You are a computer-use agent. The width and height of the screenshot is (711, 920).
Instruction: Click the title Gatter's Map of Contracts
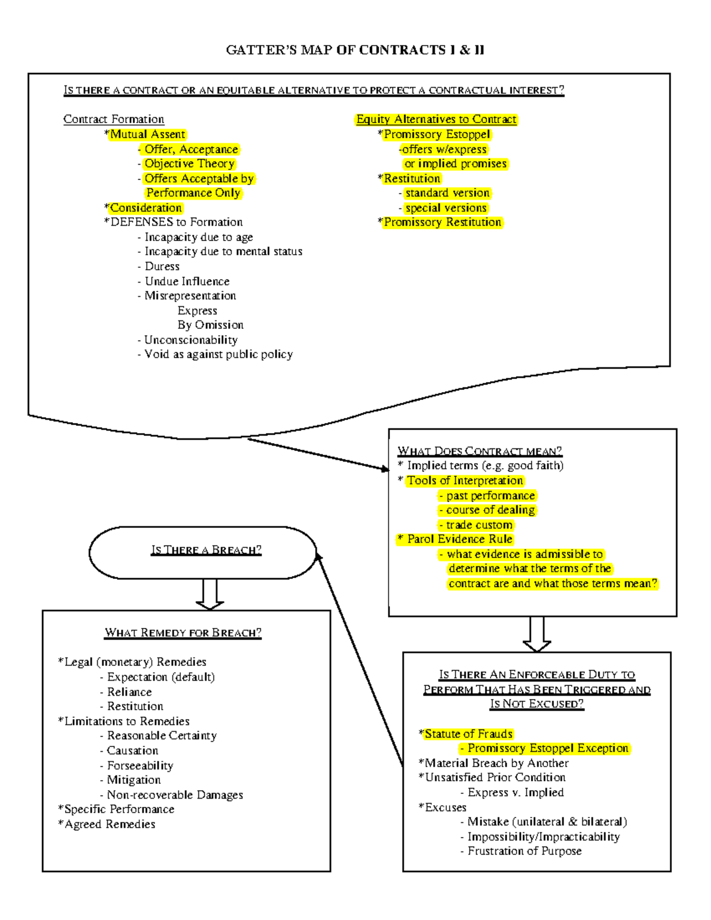tap(355, 50)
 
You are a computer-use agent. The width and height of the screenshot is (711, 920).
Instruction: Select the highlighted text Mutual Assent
tap(148, 134)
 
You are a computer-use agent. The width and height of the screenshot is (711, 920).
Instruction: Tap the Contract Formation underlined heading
tap(114, 119)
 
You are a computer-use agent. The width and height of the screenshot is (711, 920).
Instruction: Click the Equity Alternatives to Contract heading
tap(436, 119)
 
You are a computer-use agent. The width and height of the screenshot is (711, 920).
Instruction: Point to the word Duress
tap(162, 267)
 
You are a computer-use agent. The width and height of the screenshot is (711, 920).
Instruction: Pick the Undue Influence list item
tap(187, 281)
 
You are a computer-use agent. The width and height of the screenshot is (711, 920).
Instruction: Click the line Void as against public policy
tap(218, 354)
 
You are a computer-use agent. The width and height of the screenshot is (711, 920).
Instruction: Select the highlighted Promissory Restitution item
tap(442, 222)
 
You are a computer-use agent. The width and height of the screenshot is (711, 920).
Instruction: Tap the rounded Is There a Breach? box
tap(203, 552)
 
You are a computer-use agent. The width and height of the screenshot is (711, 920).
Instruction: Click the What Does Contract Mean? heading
tap(479, 451)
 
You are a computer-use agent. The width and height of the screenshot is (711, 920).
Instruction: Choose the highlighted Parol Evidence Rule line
tap(459, 539)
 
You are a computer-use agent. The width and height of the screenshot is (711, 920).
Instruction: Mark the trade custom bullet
tap(479, 525)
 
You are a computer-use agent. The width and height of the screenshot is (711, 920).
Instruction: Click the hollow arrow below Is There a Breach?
tap(210, 594)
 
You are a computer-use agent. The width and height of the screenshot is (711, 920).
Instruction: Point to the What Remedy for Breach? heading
tap(183, 633)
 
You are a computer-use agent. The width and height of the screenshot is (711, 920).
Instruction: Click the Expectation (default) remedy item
tap(161, 677)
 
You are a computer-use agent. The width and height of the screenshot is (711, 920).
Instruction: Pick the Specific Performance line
tap(119, 809)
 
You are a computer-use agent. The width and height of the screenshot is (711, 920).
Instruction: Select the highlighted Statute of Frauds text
tap(468, 734)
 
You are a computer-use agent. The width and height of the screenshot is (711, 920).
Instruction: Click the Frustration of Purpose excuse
tap(524, 851)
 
